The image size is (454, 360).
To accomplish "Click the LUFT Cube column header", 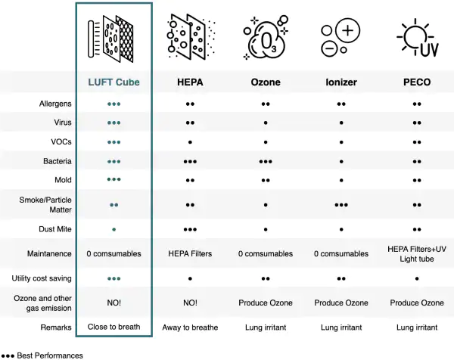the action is (113, 82).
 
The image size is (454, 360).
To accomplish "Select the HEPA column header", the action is (190, 82).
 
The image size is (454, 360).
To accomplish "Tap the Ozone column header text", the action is (266, 82).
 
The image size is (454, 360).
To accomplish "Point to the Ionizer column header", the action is (341, 82).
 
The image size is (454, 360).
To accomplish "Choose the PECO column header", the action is (417, 82).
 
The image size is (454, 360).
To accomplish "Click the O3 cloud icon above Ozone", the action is (266, 38).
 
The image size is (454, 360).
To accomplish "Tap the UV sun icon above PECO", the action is (417, 38).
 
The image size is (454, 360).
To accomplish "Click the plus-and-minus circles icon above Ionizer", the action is (340, 38).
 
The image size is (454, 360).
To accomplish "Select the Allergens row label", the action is (55, 104).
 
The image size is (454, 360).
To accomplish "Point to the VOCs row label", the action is (61, 141).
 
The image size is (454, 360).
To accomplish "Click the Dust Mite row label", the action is (55, 229).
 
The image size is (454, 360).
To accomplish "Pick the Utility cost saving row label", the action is (42, 278).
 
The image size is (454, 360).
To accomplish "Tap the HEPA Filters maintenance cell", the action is (190, 254).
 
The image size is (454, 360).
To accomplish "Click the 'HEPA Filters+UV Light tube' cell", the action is (417, 254).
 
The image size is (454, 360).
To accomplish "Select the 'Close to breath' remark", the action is (113, 327).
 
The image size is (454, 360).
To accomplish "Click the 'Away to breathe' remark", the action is (190, 327).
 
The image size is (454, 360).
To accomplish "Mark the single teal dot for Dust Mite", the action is (113, 229).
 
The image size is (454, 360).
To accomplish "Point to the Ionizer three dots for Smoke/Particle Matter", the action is (341, 205).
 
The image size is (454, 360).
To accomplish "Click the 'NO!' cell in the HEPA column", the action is (190, 303).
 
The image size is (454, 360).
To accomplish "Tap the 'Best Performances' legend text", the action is (50, 355).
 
